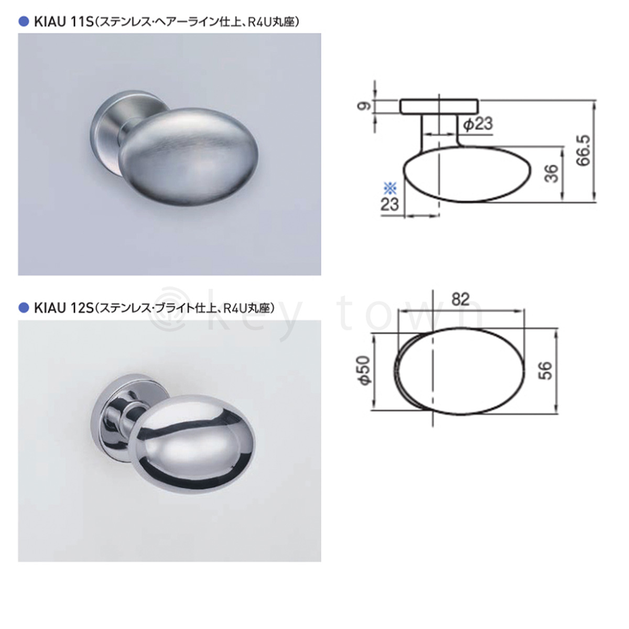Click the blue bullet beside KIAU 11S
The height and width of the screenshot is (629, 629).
(24, 22)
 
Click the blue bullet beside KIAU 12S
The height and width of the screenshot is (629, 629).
(24, 308)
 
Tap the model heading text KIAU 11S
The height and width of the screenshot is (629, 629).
(63, 22)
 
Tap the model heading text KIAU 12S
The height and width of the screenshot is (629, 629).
(63, 308)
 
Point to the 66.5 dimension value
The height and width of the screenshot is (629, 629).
(583, 150)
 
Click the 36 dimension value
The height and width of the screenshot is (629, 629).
(551, 173)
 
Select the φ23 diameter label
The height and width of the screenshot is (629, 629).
(478, 124)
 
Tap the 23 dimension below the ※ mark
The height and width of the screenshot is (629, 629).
(389, 204)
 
